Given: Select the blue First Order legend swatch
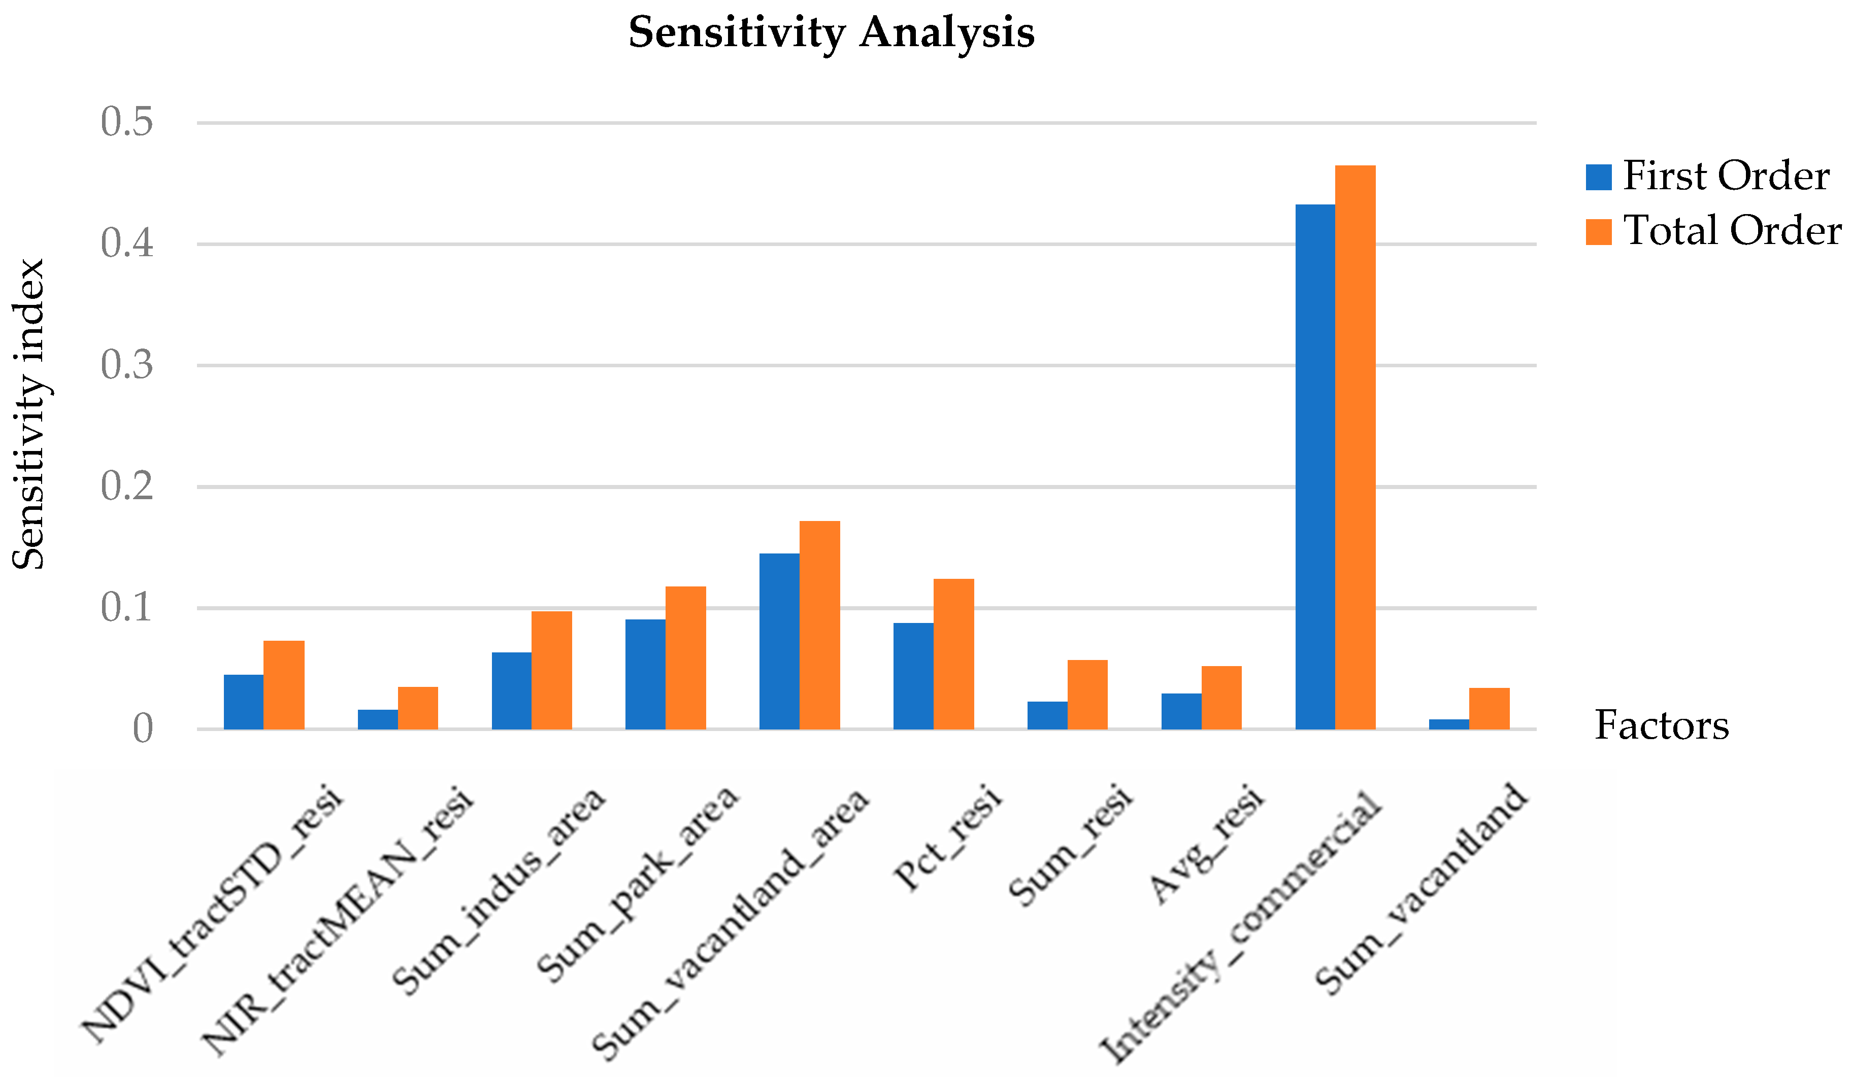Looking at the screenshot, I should (1598, 177).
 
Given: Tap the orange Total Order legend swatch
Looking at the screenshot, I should (1598, 232).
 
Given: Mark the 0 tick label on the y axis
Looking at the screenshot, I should (143, 729).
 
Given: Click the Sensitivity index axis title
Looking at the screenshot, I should (29, 415).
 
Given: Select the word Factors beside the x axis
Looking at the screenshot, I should (1662, 725).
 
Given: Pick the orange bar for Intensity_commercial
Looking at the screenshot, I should (1355, 448).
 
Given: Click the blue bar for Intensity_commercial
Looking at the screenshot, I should (1315, 467).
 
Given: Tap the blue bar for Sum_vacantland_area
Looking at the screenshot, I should (779, 641).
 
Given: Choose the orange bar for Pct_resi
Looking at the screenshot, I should (953, 654).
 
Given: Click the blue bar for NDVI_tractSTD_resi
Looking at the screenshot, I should (243, 702).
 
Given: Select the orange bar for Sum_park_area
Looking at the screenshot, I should (685, 658).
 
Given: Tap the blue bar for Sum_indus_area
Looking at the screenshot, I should (511, 691).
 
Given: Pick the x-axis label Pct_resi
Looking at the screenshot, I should (947, 839).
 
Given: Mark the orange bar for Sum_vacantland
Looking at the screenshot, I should (1489, 709).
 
